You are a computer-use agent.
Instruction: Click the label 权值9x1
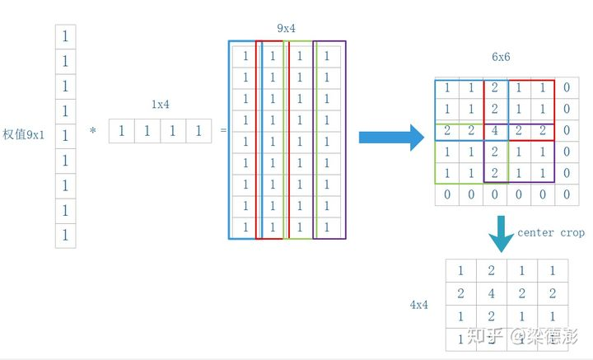coord(24,134)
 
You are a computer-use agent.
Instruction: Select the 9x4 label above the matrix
coord(286,29)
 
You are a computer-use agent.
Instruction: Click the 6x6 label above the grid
coord(501,58)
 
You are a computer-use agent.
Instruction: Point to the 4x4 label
coord(419,305)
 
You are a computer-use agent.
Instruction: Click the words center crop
coord(551,233)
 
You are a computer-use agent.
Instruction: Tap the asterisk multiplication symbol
coord(93,131)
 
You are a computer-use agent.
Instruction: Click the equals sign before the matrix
coord(222,131)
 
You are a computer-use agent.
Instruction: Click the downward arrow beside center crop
coord(501,232)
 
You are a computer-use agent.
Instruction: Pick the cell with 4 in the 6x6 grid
coord(494,131)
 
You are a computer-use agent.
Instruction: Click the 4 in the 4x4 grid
coord(490,293)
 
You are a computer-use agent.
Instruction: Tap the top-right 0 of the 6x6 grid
coord(566,87)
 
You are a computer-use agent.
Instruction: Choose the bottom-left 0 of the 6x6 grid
coord(446,195)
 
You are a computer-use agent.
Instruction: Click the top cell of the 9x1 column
coord(65,36)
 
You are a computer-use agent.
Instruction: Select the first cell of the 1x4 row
coord(122,131)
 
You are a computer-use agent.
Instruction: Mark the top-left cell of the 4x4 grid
coord(460,271)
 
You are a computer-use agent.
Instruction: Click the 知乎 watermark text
coord(484,336)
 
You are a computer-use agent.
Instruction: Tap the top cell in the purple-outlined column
coord(327,56)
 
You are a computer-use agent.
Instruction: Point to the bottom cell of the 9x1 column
coord(65,236)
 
